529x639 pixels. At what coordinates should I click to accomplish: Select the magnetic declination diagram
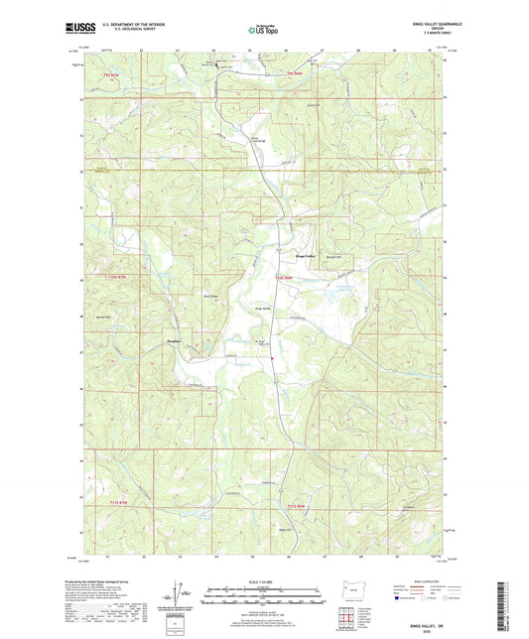183,596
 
